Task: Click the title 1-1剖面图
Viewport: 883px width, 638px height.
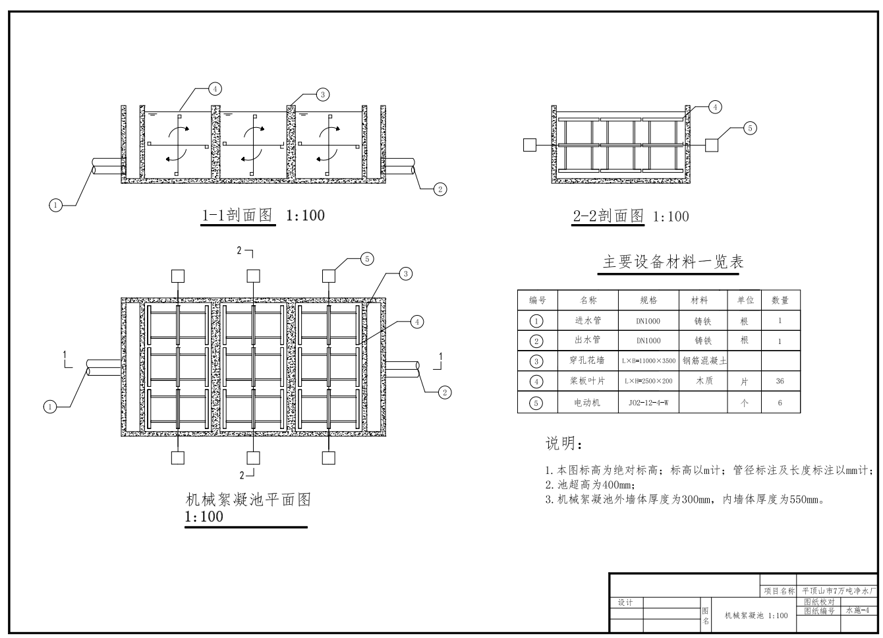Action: (237, 215)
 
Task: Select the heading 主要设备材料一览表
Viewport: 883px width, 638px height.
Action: (672, 262)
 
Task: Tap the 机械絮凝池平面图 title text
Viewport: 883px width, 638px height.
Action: (248, 500)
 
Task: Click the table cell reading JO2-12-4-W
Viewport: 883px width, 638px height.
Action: (648, 402)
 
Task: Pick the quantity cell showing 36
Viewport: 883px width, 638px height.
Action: (780, 381)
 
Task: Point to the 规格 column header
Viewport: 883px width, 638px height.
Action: (648, 300)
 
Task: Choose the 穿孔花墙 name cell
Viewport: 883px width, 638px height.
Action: (587, 361)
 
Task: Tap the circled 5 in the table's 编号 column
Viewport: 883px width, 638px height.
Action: (537, 402)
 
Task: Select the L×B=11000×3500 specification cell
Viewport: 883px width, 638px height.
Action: (648, 361)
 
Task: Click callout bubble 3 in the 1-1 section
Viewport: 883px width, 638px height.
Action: (322, 95)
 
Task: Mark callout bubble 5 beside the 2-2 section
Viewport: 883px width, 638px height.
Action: (750, 128)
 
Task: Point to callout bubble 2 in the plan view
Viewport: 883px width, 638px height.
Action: (445, 393)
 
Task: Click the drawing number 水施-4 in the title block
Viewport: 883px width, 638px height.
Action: (858, 610)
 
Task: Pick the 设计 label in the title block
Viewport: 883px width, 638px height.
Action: (625, 602)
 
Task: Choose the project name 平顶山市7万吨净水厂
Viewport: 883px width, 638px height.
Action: (839, 591)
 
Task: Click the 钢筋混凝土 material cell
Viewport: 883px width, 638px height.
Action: (704, 361)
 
